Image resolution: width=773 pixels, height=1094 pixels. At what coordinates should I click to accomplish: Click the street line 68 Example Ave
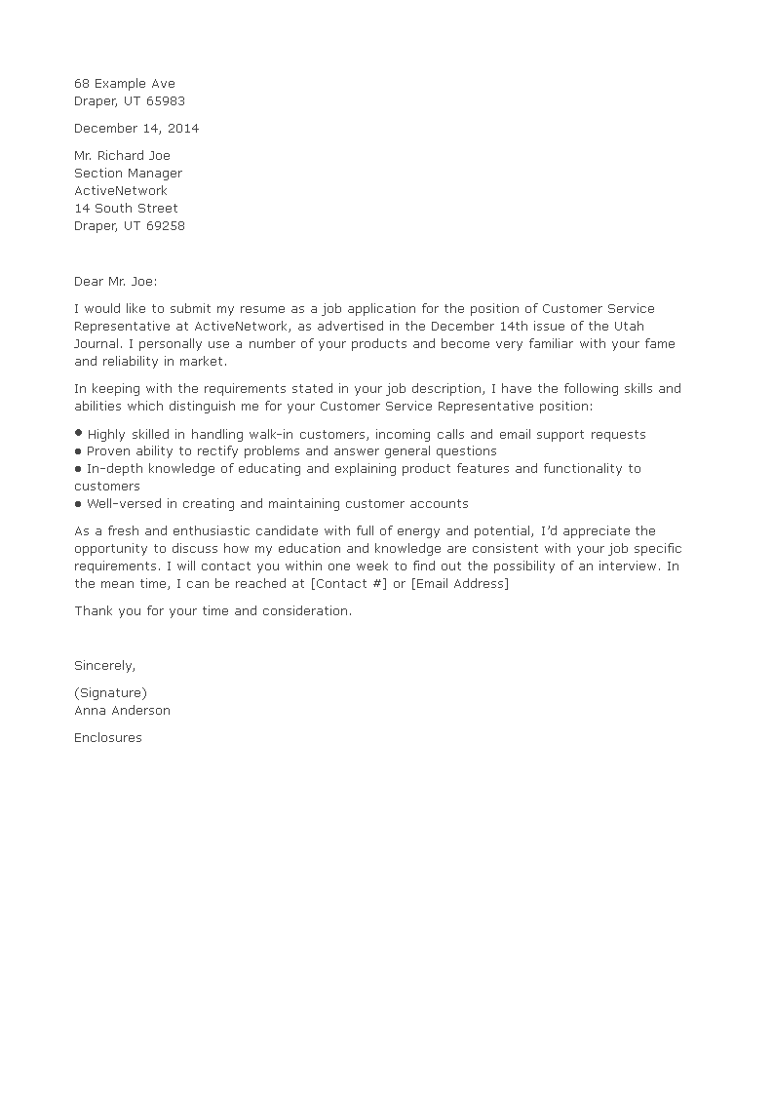pyautogui.click(x=125, y=84)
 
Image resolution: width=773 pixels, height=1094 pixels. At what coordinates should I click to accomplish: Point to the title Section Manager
pyautogui.click(x=128, y=174)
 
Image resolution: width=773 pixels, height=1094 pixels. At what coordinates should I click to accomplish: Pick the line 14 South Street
pyautogui.click(x=126, y=209)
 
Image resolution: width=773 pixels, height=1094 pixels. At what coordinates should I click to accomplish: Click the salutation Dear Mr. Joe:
pyautogui.click(x=115, y=281)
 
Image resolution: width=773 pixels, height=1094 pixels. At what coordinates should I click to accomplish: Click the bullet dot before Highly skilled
pyautogui.click(x=78, y=433)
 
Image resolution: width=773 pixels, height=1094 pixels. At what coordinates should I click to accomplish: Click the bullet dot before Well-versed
pyautogui.click(x=78, y=504)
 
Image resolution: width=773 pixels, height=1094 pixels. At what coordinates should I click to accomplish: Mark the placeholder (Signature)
pyautogui.click(x=110, y=693)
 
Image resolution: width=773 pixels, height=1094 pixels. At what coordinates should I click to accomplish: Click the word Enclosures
pyautogui.click(x=108, y=738)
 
